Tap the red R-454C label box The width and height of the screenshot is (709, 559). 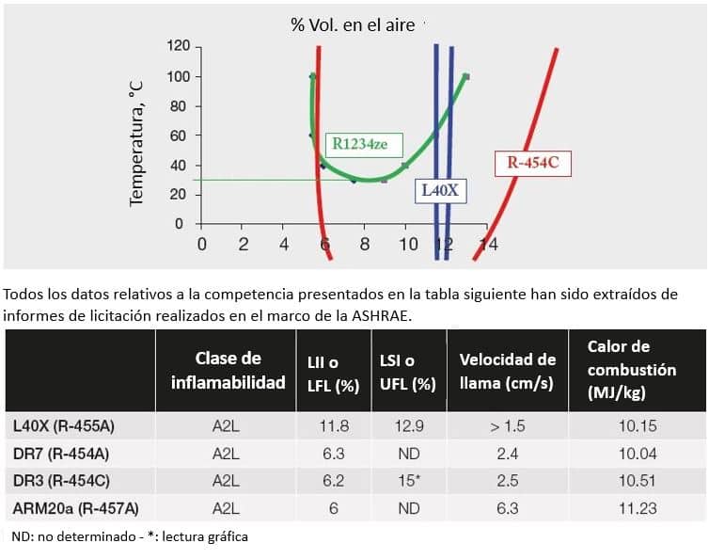(533, 162)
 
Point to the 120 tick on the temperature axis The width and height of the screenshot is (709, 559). (179, 46)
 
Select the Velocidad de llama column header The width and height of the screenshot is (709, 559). (508, 371)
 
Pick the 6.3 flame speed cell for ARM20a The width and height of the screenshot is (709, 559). (508, 508)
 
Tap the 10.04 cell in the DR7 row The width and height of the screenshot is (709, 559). (638, 454)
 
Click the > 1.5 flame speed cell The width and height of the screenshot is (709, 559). (508, 426)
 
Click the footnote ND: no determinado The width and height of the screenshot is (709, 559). (71, 536)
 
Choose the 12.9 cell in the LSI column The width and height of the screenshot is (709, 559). (410, 426)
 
